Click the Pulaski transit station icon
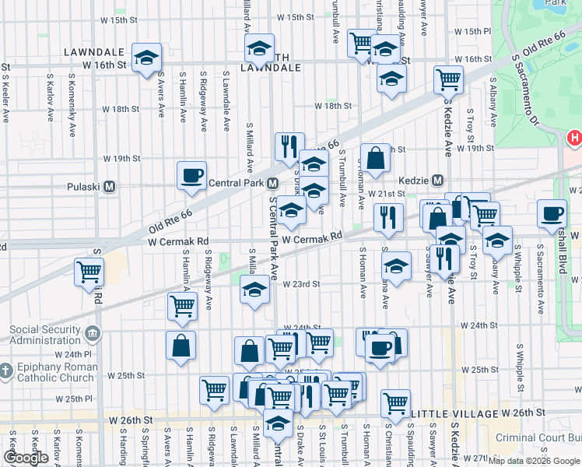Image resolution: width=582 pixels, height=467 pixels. [x=110, y=187]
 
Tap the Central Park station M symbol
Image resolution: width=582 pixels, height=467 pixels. [x=272, y=184]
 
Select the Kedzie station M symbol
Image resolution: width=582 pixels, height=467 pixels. [x=437, y=179]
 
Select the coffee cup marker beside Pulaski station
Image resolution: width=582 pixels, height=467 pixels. [x=191, y=176]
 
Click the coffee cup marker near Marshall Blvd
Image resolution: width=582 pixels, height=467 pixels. [x=552, y=213]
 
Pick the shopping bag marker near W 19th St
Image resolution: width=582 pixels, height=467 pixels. [x=375, y=158]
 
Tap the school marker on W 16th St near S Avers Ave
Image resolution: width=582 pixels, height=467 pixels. [x=145, y=59]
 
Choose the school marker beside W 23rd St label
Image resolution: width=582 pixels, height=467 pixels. [x=254, y=291]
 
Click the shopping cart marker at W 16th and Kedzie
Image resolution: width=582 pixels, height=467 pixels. [x=448, y=79]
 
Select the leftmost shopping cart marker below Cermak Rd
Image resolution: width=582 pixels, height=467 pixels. [x=89, y=272]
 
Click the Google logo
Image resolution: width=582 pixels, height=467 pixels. [x=26, y=458]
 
